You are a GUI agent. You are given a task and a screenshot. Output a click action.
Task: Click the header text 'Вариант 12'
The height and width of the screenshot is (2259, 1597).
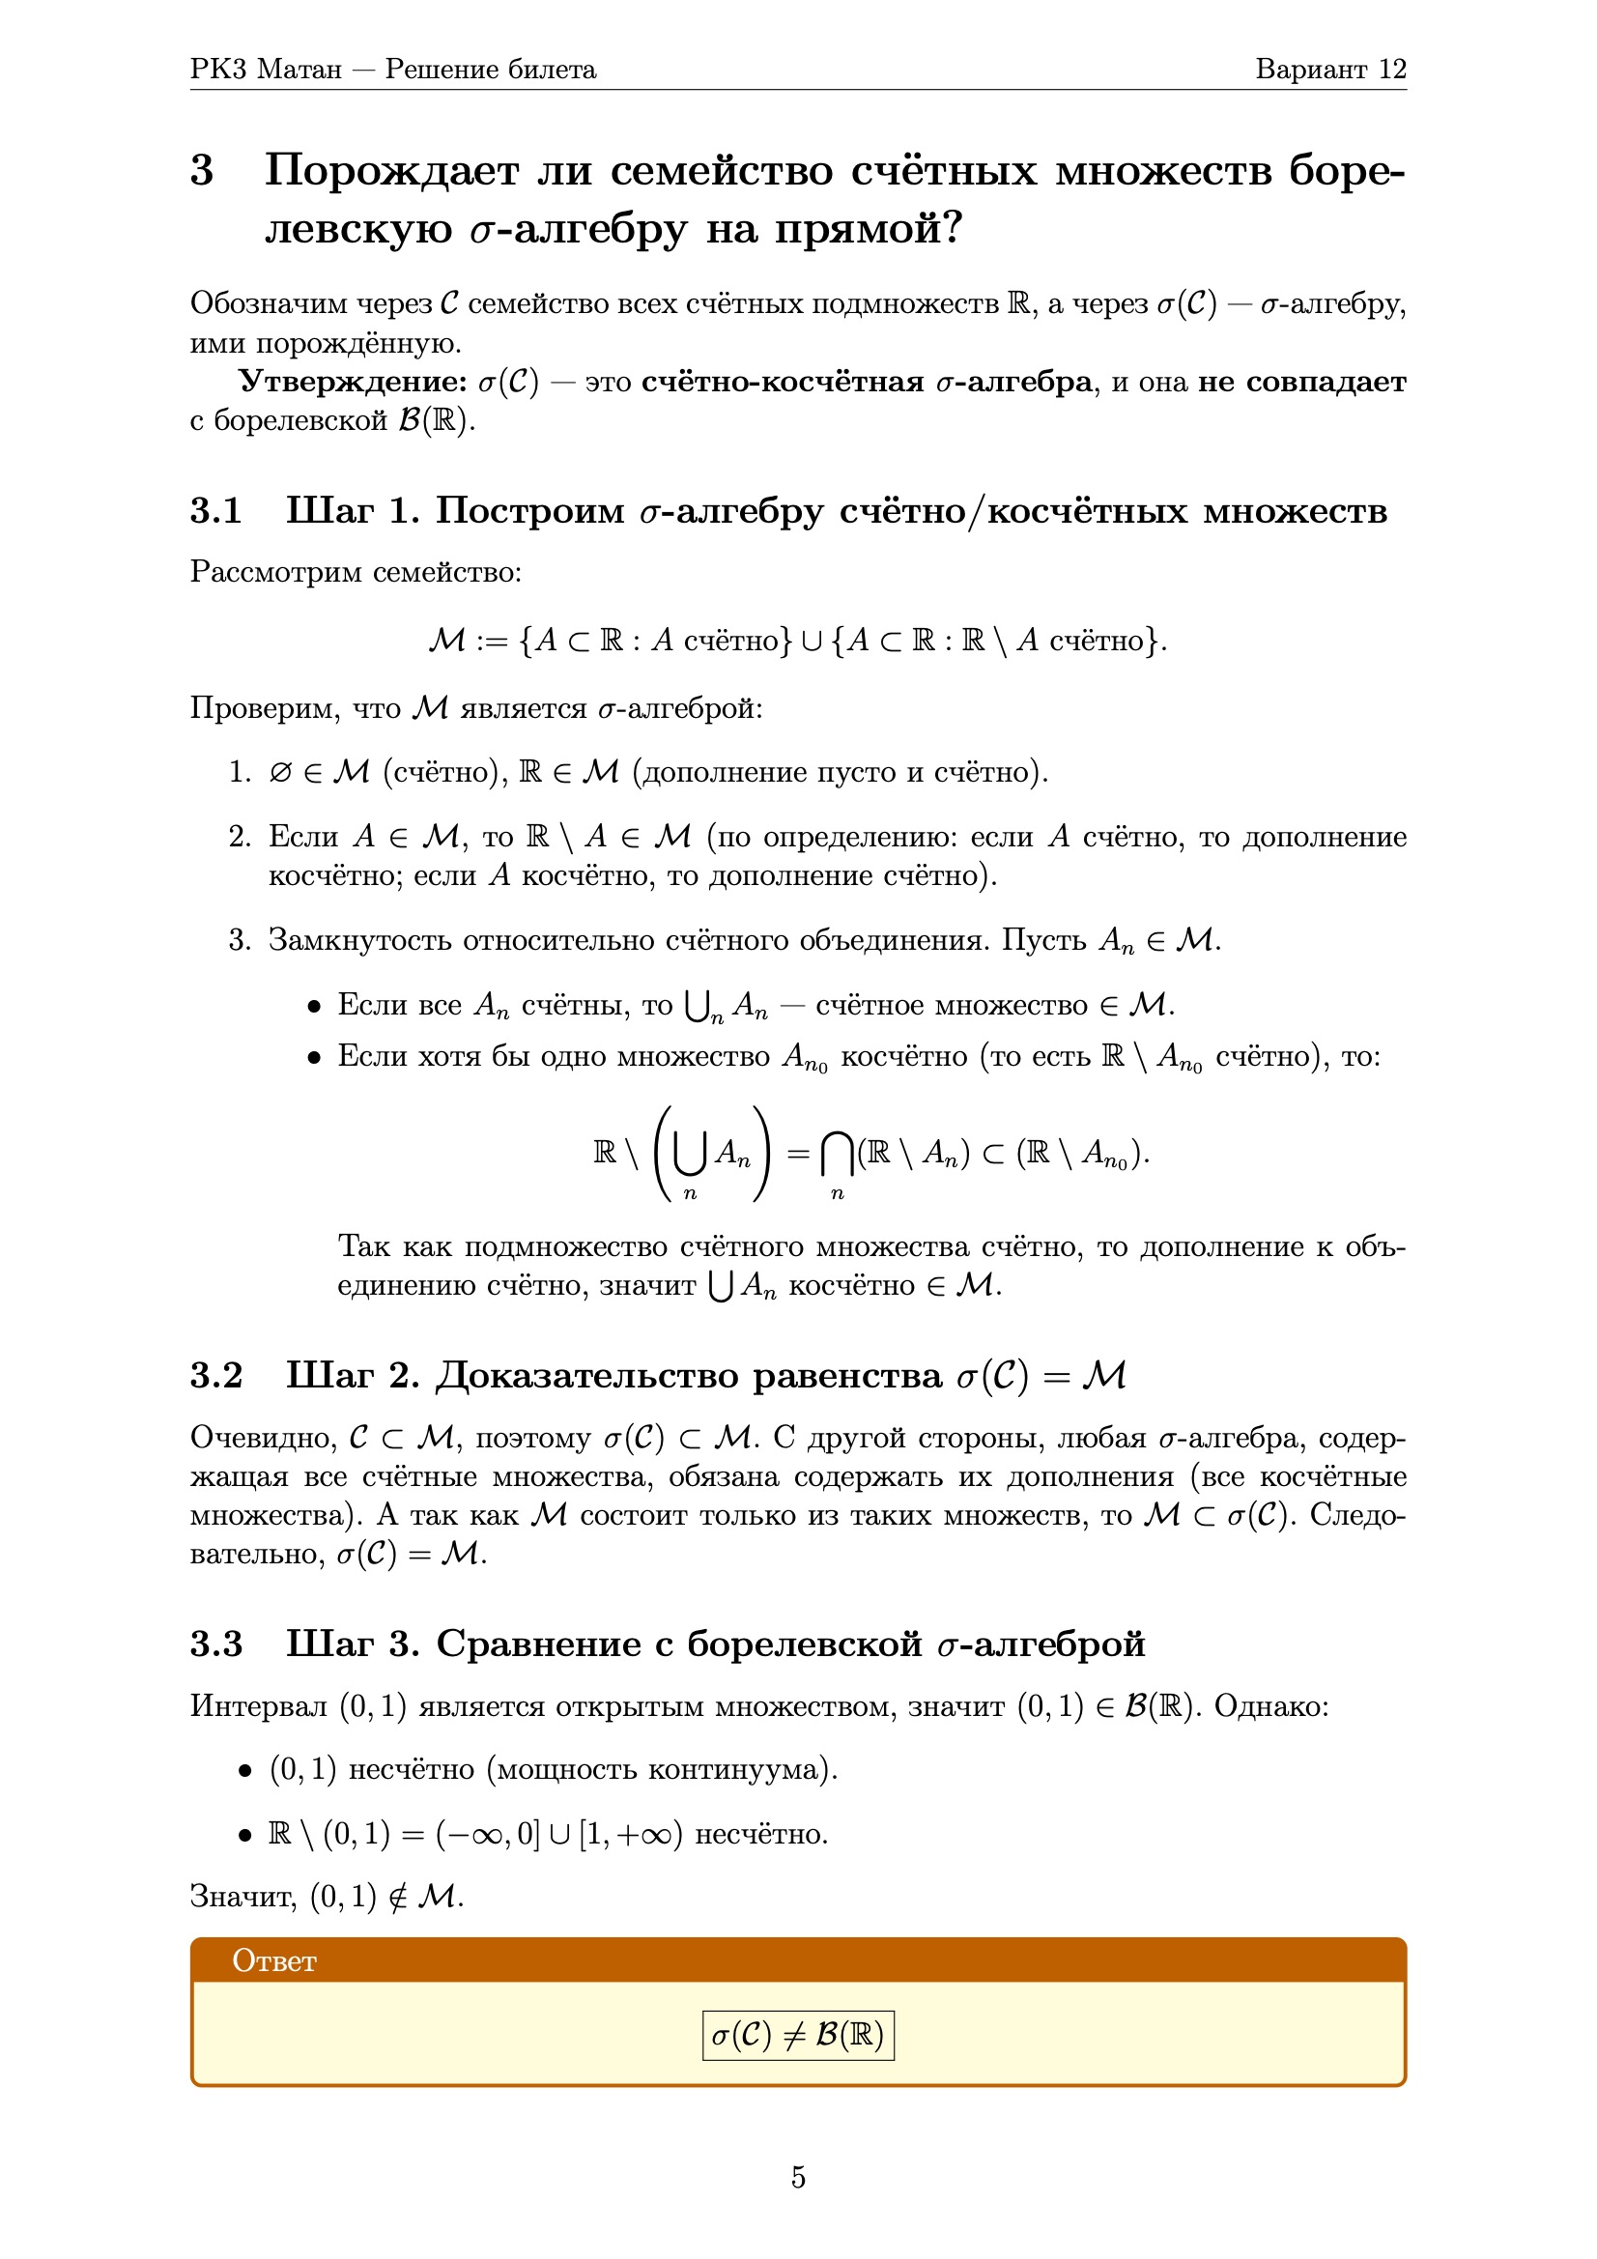[x=1329, y=70]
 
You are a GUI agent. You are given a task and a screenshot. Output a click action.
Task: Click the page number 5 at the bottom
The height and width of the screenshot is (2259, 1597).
[x=798, y=2176]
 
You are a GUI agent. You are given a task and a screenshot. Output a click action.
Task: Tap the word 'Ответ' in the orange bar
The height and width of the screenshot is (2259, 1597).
[x=273, y=1960]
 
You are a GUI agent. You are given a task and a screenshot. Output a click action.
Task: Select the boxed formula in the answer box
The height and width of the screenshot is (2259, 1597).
[x=798, y=2035]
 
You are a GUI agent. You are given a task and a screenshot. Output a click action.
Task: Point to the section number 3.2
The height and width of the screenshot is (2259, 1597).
[x=215, y=1376]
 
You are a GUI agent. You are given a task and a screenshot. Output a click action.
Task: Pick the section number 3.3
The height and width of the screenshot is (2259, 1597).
[x=215, y=1644]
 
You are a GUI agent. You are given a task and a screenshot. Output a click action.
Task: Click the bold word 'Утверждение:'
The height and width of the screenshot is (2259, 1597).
[x=353, y=382]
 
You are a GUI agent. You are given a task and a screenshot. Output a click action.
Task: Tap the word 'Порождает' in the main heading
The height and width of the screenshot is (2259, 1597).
[x=390, y=171]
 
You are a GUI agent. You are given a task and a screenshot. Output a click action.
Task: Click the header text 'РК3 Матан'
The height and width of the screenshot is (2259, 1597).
[x=266, y=70]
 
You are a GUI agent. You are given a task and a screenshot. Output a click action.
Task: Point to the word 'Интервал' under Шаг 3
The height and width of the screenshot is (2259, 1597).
[x=258, y=1706]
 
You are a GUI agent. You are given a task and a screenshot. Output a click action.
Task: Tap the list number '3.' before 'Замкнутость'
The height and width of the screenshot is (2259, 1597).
[x=241, y=940]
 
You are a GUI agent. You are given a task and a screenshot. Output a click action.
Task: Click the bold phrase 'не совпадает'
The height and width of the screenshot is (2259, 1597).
[x=1300, y=382]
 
